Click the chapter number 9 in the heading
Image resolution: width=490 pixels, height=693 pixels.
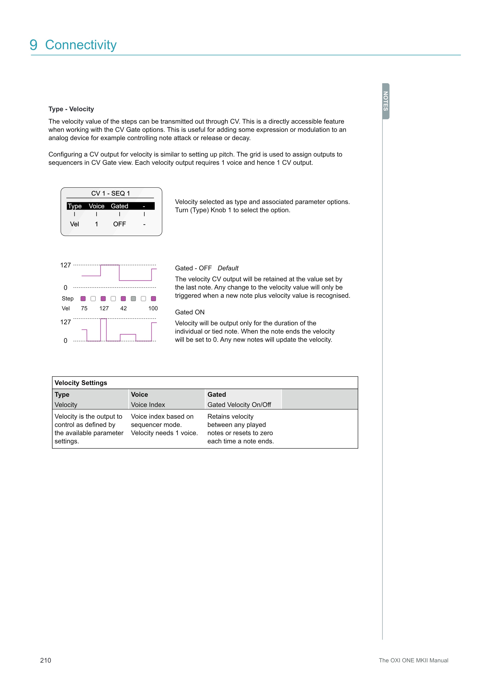34,45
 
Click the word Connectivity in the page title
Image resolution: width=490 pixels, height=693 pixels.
81,45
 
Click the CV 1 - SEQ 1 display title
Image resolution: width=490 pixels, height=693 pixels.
110,193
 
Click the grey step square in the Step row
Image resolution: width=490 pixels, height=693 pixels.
133,299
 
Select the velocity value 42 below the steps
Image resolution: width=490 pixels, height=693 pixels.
123,308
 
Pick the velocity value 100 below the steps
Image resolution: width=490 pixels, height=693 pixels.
153,308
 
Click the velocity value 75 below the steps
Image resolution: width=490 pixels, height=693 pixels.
84,308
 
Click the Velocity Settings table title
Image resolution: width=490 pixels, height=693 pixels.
81,383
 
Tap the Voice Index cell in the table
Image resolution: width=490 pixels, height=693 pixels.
148,405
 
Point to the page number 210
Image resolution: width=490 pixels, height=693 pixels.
46,660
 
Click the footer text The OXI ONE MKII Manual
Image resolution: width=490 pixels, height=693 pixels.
413,660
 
